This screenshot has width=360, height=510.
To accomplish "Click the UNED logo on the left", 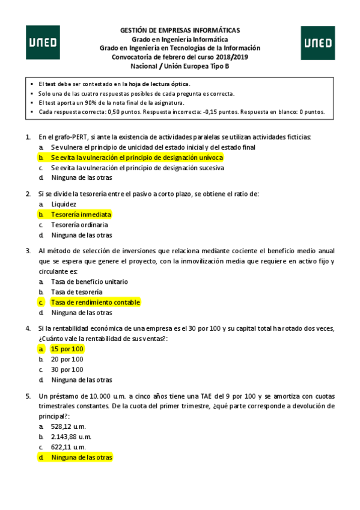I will click(43, 43).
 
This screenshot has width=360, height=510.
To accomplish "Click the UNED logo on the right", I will click(318, 43).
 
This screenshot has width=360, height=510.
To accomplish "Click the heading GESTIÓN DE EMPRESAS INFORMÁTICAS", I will click(180, 30).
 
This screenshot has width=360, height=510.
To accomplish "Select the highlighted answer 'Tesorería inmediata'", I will click(81, 214).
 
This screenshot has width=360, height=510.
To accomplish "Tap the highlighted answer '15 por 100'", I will click(67, 349).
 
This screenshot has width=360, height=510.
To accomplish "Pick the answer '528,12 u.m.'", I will click(69, 426).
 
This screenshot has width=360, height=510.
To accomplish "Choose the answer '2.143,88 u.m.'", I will click(71, 437).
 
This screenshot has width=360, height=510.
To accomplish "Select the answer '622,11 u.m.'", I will click(69, 447).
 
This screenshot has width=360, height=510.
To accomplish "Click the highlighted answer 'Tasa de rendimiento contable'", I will click(95, 302).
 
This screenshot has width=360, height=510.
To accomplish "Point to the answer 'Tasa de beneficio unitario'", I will click(89, 281).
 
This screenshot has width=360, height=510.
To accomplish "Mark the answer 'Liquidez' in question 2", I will click(64, 204).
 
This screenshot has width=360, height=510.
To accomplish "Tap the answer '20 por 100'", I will click(67, 359).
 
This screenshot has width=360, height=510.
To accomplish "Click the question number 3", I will click(28, 250).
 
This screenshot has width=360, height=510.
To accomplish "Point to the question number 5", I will click(28, 396).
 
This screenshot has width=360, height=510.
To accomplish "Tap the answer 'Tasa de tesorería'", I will click(76, 292).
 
